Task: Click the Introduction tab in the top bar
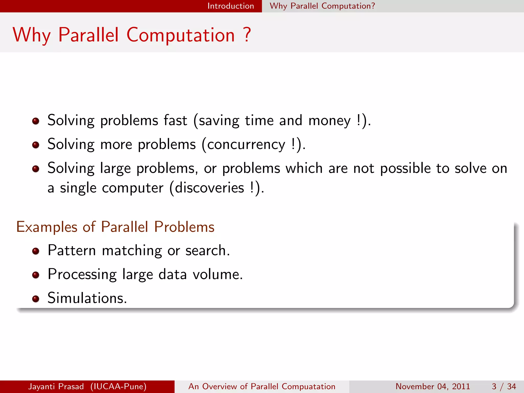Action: (x=231, y=6)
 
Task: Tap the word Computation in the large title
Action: (x=181, y=35)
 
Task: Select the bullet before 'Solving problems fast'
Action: (x=36, y=121)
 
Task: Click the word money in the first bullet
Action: (x=329, y=121)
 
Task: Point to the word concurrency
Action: (x=246, y=145)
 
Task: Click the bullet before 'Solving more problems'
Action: (x=36, y=145)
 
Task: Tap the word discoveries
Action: (x=209, y=188)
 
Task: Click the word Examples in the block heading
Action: (x=47, y=227)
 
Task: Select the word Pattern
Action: (x=72, y=250)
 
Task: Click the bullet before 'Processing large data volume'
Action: (x=36, y=275)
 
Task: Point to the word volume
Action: (x=217, y=274)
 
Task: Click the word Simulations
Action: (x=87, y=298)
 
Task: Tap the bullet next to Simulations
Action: (x=36, y=299)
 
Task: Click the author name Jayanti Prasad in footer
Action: (x=56, y=386)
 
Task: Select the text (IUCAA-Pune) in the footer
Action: (x=118, y=386)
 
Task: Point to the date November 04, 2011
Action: (x=433, y=386)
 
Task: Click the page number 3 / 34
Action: (x=504, y=386)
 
